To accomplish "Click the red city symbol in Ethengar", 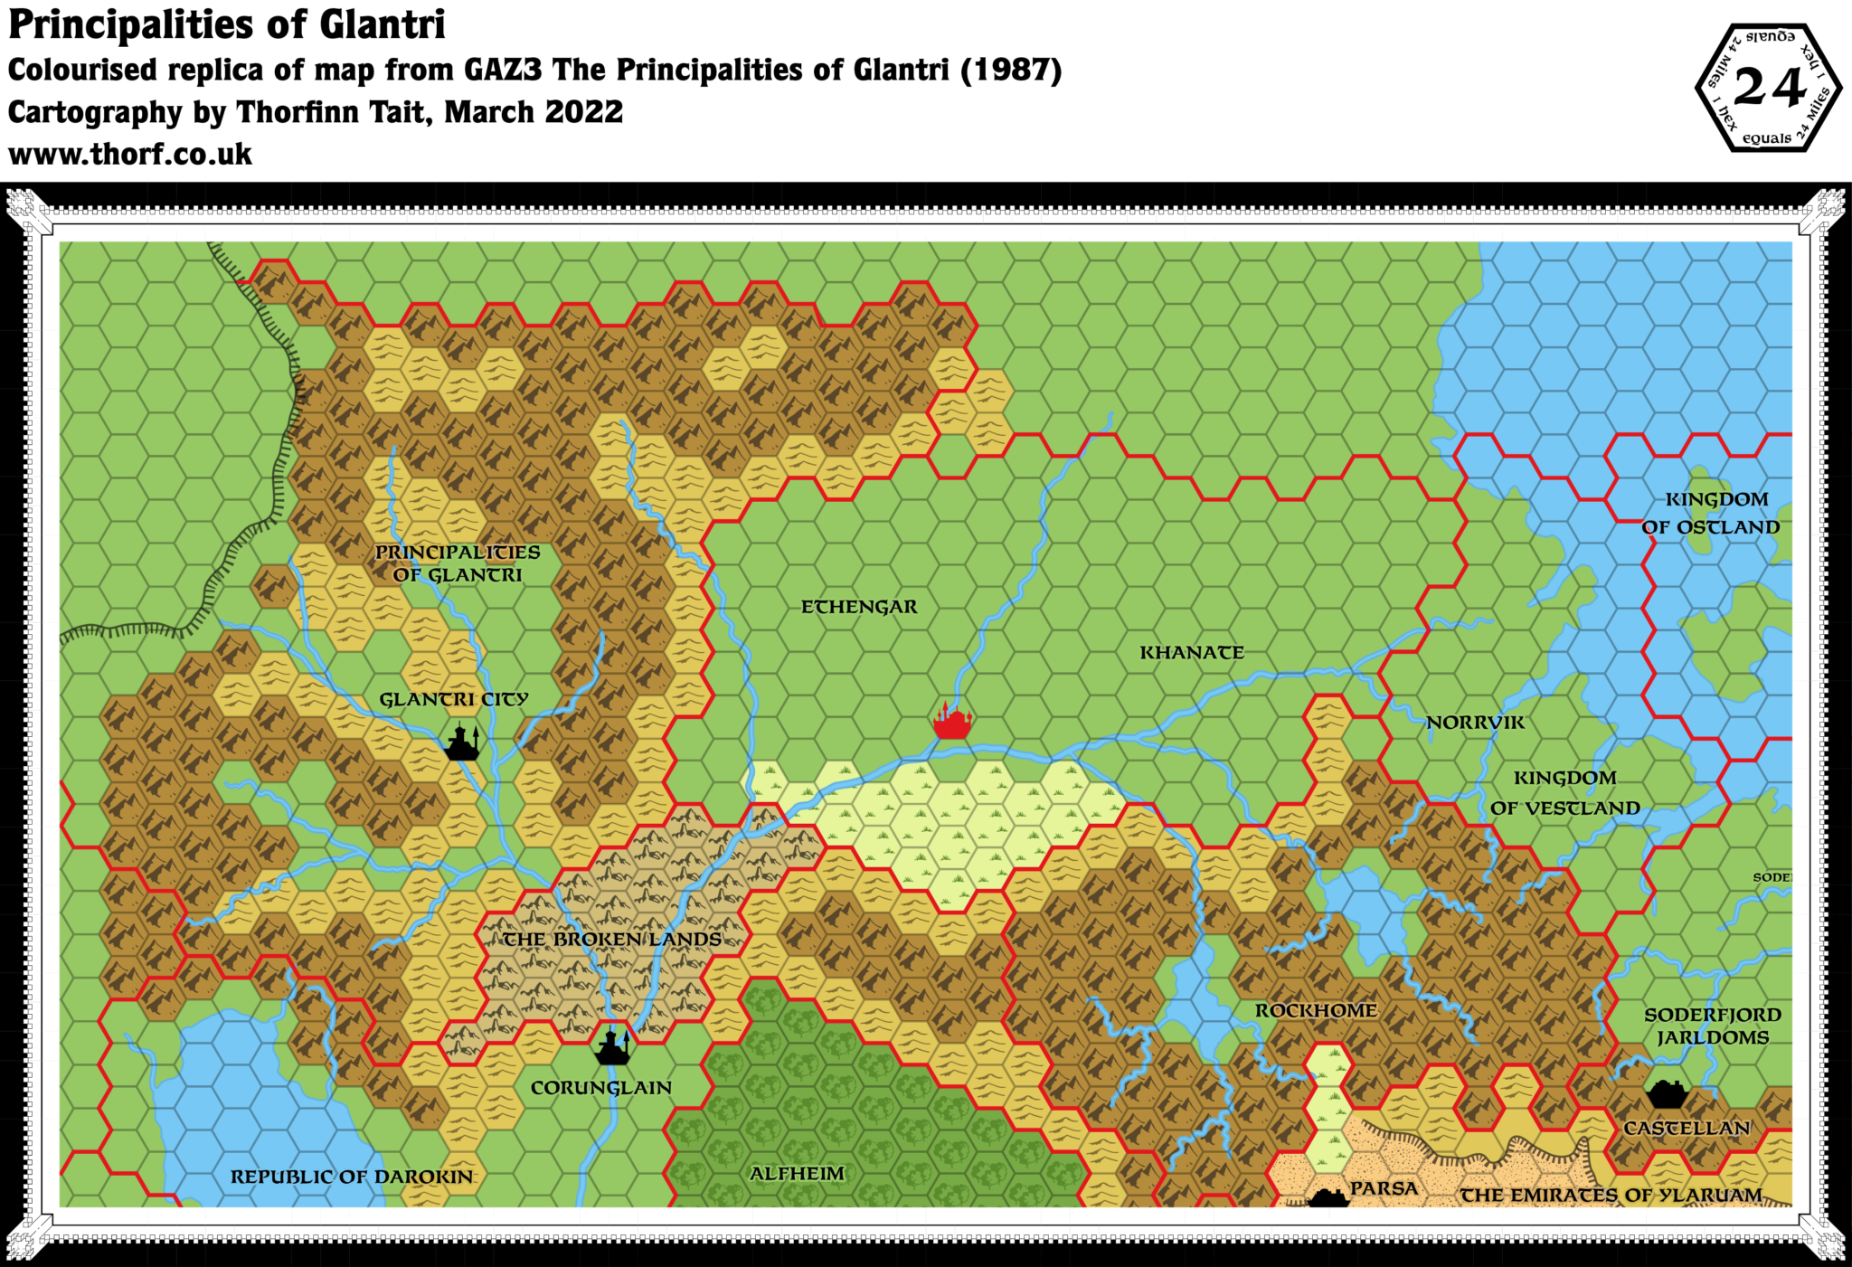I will coord(952,722).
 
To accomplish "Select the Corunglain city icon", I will coord(612,1048).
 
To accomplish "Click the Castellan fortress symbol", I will coord(1666,1094).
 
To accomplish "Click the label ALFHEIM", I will coord(797,1174).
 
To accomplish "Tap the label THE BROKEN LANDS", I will coord(612,940).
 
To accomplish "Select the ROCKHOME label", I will coord(1316,1010).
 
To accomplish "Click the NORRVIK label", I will coord(1475,723).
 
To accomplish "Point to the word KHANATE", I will coord(1191,653).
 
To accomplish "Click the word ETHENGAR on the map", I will coord(859,607).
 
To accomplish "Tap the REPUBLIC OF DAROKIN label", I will coord(352,1177).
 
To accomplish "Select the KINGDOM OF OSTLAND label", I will coord(1711,513).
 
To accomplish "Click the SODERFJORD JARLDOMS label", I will coord(1712,1026).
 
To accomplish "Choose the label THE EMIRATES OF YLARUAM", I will coord(1611,1196).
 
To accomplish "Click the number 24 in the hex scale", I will coord(1769,89).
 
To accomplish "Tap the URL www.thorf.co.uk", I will coord(130,155).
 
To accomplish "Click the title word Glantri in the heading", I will coord(383,25).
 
